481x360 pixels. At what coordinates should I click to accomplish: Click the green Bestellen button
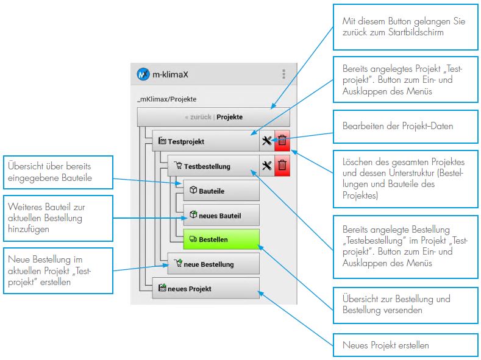pos(221,239)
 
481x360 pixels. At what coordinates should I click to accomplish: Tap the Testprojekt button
pos(205,141)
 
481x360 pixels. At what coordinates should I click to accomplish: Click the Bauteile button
pos(221,191)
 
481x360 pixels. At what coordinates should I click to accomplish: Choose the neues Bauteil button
pos(221,215)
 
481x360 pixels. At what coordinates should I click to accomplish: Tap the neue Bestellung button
pos(213,264)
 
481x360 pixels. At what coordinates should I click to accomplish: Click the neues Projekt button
pos(205,289)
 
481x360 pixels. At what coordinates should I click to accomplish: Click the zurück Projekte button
pos(213,117)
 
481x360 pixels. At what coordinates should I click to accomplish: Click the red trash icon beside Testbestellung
pos(282,165)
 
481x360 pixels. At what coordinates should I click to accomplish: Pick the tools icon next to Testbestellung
pos(266,165)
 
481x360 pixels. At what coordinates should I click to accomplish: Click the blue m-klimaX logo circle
pos(143,74)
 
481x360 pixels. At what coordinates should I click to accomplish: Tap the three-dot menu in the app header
pos(283,74)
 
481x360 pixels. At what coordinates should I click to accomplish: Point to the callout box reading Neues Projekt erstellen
pos(405,345)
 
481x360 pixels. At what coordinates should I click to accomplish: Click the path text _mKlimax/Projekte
pos(167,99)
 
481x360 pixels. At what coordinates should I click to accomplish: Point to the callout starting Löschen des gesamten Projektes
pos(405,178)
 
